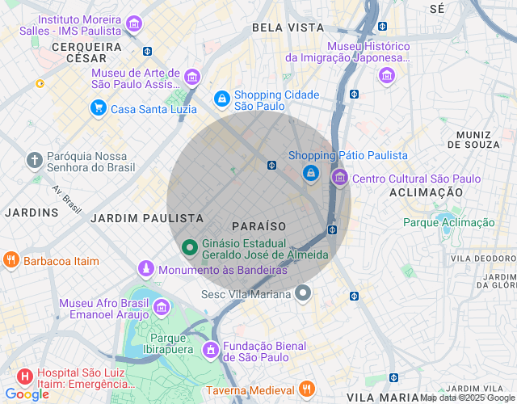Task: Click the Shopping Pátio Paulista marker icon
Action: [x=310, y=173]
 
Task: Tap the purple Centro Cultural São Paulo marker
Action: [x=339, y=178]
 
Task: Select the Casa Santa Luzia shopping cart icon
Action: [x=98, y=107]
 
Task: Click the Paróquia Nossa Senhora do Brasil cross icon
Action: [x=35, y=159]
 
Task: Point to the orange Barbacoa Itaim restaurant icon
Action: [x=11, y=260]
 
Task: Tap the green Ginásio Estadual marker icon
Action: [x=189, y=247]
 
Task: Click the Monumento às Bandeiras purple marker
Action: [x=145, y=268]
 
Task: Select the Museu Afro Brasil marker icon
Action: [x=162, y=307]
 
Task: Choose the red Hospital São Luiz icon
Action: [x=24, y=377]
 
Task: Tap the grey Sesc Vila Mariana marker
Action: [x=303, y=293]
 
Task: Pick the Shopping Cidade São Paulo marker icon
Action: [x=221, y=99]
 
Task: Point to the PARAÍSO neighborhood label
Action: [x=258, y=225]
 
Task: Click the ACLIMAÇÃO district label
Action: [x=426, y=193]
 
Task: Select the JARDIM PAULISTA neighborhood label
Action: [x=146, y=218]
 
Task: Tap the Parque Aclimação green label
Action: [x=448, y=222]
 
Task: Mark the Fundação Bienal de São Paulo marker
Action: [x=210, y=350]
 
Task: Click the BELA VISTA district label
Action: [x=288, y=27]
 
